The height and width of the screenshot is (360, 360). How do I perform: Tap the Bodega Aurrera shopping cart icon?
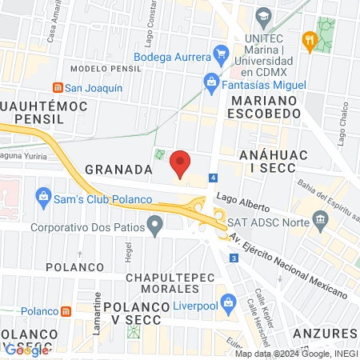(222, 54)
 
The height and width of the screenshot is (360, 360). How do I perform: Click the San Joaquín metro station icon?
(56, 88)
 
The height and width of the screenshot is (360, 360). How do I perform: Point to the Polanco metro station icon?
(69, 311)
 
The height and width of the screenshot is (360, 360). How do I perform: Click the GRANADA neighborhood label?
(118, 170)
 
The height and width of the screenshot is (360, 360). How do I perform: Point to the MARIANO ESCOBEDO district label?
(263, 110)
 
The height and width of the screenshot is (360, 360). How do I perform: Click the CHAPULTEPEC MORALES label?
(165, 283)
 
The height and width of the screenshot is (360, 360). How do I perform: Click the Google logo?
(26, 349)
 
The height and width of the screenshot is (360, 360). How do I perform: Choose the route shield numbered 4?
(212, 177)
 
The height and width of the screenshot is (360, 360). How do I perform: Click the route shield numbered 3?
(233, 258)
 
